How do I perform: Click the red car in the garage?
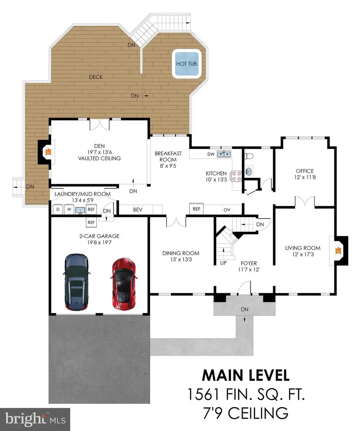(x=123, y=284)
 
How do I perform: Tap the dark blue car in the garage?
(x=76, y=282)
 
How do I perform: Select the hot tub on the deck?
(x=186, y=64)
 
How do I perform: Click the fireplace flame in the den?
(x=48, y=152)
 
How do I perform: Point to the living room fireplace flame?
(x=338, y=251)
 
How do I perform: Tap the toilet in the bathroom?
(x=249, y=156)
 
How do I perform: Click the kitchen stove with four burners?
(x=236, y=176)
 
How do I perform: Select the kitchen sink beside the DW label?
(x=224, y=154)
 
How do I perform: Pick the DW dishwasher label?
(x=211, y=154)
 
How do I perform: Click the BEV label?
(x=138, y=210)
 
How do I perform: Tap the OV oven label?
(x=227, y=210)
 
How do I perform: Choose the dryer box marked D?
(x=58, y=209)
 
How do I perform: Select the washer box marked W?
(x=69, y=209)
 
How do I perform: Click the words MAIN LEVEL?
(x=246, y=375)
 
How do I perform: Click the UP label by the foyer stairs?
(x=223, y=263)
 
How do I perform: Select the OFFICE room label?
(x=305, y=171)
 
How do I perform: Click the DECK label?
(x=96, y=77)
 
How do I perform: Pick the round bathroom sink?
(x=249, y=171)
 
